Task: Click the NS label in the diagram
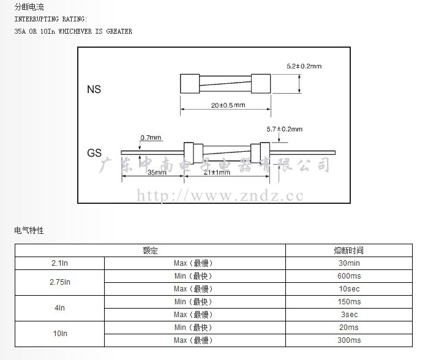94,89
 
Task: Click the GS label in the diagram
94,153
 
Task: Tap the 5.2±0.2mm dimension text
304,66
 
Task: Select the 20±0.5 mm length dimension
228,105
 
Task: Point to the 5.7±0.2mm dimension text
285,129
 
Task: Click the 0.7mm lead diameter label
151,138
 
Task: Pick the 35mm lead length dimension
157,172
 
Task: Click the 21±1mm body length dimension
217,172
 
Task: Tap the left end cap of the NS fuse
190,83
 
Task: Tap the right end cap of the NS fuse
261,83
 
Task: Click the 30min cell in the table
349,263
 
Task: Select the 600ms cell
349,276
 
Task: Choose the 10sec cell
349,289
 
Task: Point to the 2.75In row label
60,282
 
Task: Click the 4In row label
60,308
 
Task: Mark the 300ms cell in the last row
349,340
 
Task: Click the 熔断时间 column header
348,250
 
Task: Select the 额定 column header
150,250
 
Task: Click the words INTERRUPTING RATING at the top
51,19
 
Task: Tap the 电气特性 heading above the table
29,230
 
